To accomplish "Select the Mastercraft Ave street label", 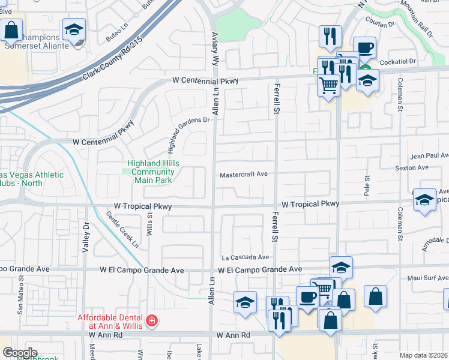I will click(x=243, y=175).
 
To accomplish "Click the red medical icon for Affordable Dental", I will click(x=151, y=320).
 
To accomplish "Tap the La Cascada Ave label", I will click(x=246, y=257).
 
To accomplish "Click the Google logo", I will click(x=20, y=353).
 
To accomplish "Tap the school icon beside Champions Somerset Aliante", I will click(x=74, y=29).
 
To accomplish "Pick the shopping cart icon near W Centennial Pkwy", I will click(x=328, y=85).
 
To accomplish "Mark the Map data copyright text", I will click(x=424, y=355).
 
